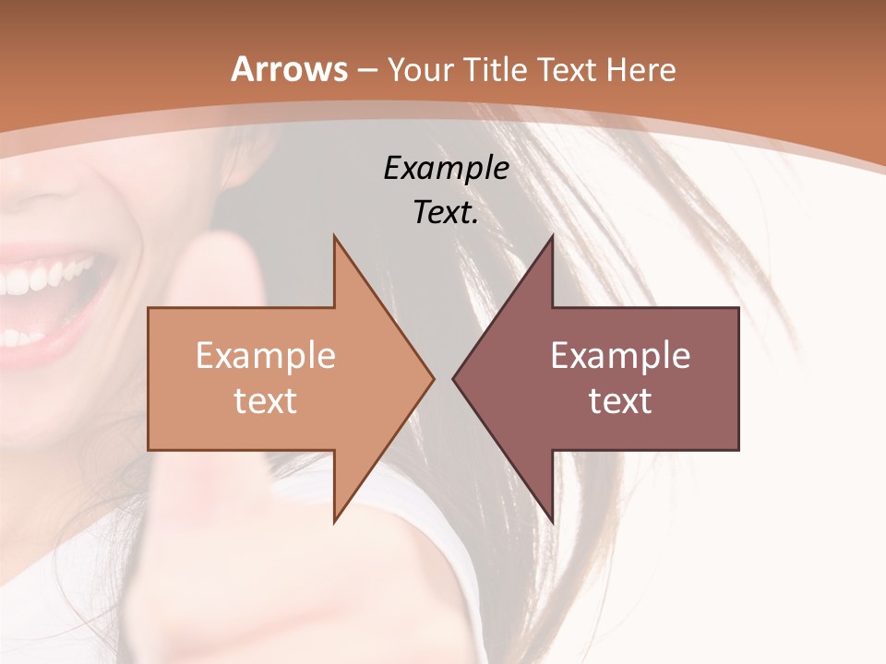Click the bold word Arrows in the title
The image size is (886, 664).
tap(290, 69)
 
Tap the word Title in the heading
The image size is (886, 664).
tap(494, 69)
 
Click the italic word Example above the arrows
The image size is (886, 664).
tap(446, 169)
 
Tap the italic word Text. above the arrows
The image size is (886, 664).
tap(446, 213)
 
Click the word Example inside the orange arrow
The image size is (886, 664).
tap(265, 356)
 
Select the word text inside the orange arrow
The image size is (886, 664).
tap(265, 401)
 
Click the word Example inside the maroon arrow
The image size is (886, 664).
tap(620, 356)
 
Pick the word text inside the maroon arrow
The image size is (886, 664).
tap(620, 401)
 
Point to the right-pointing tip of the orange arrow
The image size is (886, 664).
tap(432, 378)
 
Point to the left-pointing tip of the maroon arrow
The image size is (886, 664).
tap(454, 378)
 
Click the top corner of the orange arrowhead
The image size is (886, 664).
tap(335, 237)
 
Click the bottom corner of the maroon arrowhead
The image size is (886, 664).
tap(552, 521)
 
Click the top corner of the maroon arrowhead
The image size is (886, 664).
tap(552, 237)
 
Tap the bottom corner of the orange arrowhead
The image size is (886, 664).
tap(335, 521)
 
